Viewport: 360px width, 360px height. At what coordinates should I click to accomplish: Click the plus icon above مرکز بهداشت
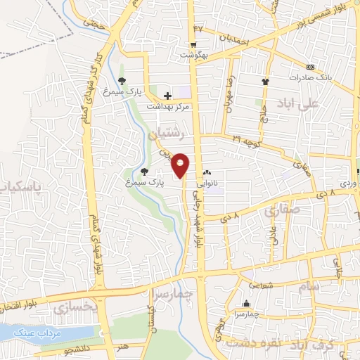(167, 95)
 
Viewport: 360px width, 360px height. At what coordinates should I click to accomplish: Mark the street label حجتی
(94, 23)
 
